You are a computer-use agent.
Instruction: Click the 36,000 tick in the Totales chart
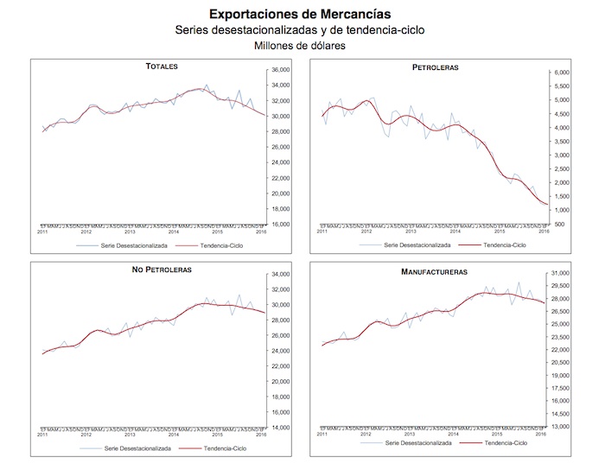pos(281,70)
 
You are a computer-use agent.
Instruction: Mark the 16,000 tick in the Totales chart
pos(281,224)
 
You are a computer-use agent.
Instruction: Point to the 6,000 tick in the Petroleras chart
pos(562,73)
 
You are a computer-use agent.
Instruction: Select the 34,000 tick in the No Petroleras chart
pos(281,275)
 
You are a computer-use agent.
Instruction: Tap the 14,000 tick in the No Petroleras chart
pos(281,428)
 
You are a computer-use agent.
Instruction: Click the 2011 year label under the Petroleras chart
pos(322,232)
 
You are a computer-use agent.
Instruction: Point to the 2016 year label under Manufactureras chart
pos(541,434)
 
